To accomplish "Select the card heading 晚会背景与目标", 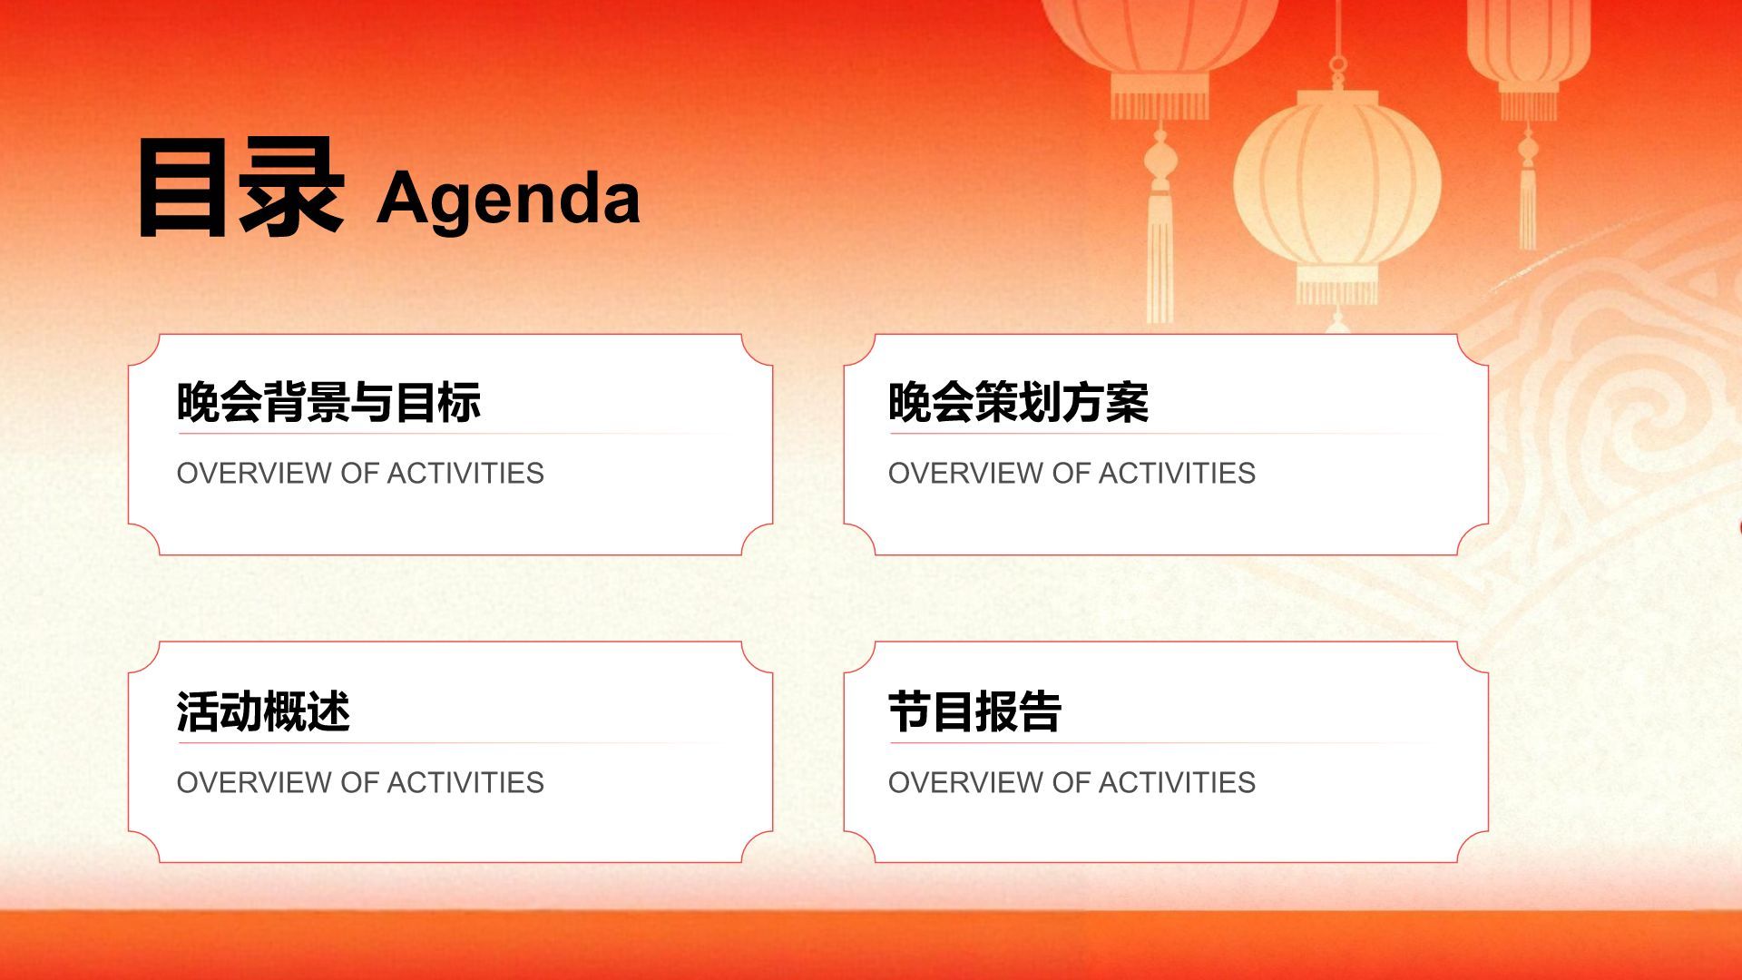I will tap(328, 402).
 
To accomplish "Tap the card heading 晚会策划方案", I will tap(1018, 402).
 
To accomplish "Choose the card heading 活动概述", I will tap(263, 711).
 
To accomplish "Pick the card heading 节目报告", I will tap(974, 711).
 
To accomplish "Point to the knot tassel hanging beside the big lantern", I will tap(1160, 227).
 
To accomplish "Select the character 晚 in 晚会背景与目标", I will tap(198, 402).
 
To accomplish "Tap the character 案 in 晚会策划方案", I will tap(1128, 402).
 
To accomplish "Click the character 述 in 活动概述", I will tap(328, 711).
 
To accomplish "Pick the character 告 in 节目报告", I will tap(1040, 711).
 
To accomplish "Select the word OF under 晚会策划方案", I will tap(1072, 473).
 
